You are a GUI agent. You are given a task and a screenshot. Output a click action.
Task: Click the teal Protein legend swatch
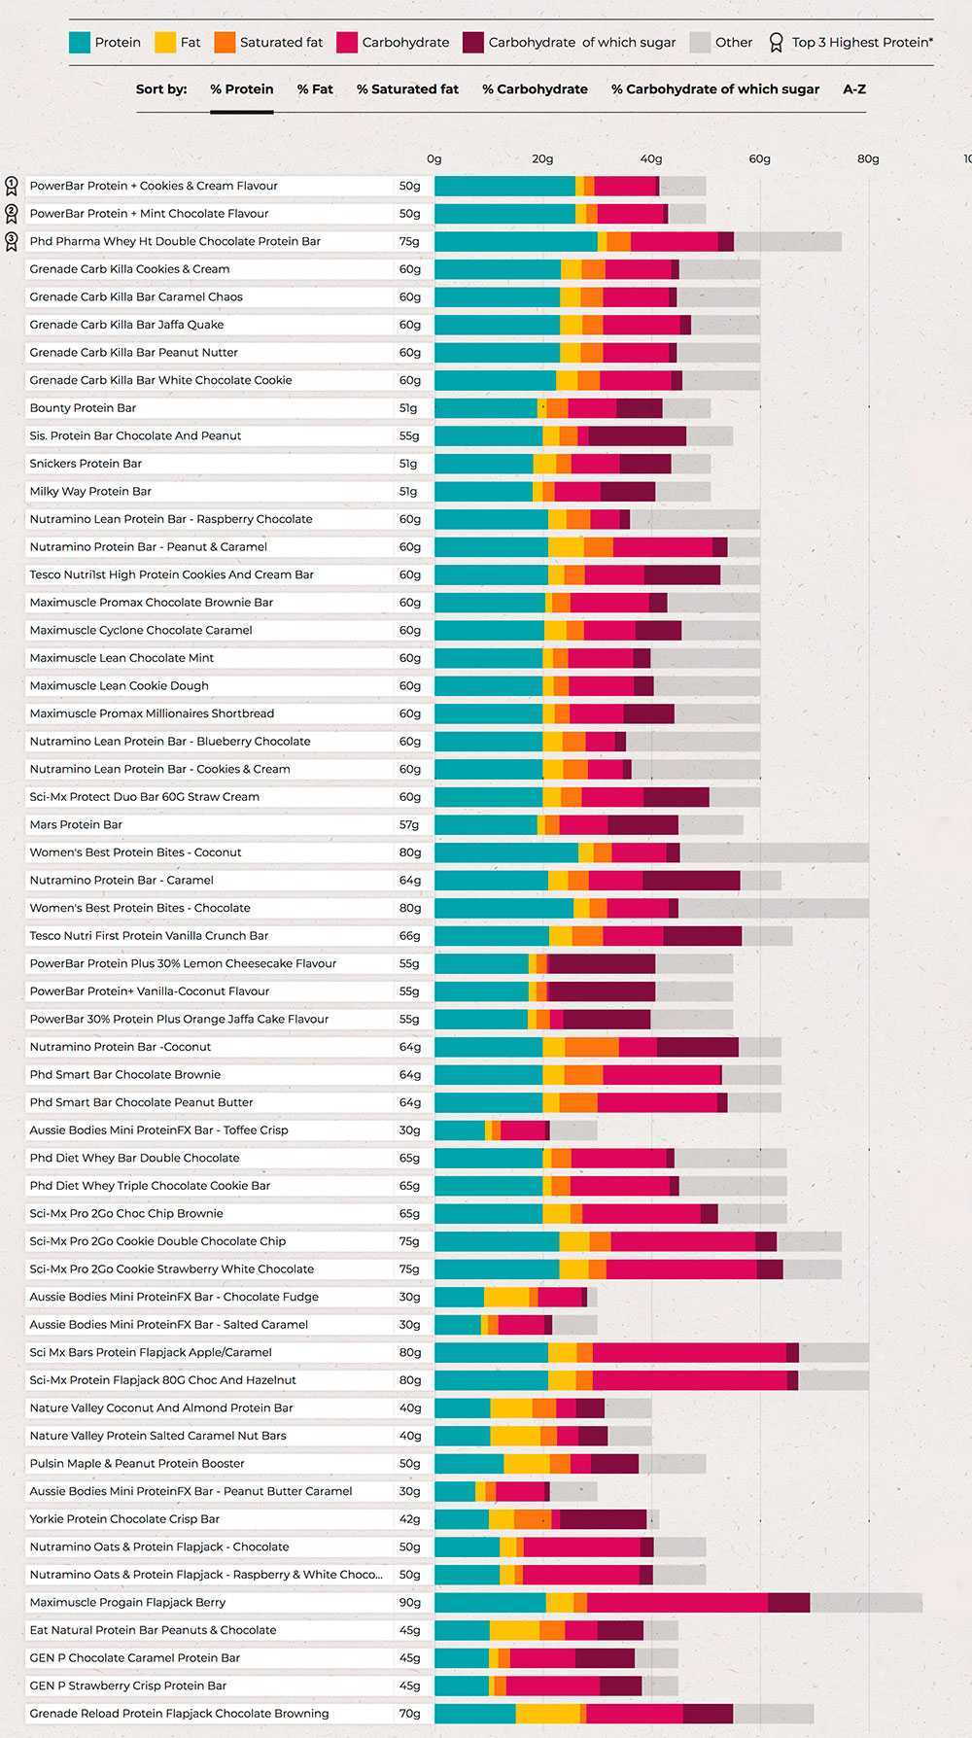pos(79,43)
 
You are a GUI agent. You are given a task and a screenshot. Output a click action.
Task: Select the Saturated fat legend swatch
pos(225,43)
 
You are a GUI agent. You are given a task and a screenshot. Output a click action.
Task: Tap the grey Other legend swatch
pos(700,43)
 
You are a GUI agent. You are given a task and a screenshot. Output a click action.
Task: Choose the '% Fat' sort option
pos(315,89)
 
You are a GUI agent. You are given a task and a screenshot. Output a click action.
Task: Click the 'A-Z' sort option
pos(854,89)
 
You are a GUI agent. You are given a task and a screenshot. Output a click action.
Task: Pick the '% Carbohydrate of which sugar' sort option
pos(714,89)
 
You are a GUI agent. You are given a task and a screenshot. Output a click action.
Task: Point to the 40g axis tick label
pos(650,158)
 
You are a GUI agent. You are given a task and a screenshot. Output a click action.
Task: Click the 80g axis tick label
pos(867,158)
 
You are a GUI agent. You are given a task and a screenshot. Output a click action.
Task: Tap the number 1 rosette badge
pos(12,185)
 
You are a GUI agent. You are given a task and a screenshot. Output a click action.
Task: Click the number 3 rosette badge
pos(12,240)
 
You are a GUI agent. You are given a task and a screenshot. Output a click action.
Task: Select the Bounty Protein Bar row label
pos(83,408)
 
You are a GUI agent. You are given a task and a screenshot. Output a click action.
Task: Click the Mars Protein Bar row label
pos(76,824)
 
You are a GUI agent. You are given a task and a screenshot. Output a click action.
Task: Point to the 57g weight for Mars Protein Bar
pos(409,824)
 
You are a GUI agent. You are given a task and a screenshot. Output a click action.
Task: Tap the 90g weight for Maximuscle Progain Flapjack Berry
pos(409,1602)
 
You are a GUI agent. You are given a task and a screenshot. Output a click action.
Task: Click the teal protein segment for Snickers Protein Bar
pos(483,464)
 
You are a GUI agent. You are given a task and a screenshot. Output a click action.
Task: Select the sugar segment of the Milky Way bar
pos(627,492)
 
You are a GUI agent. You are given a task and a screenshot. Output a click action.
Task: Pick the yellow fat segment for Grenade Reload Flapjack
pos(547,1714)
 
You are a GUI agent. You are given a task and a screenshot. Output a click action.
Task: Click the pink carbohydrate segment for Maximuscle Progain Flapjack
pos(677,1602)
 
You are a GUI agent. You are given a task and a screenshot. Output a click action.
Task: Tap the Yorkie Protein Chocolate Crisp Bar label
pos(124,1518)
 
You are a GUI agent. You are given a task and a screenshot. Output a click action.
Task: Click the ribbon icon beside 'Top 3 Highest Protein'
pos(776,43)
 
